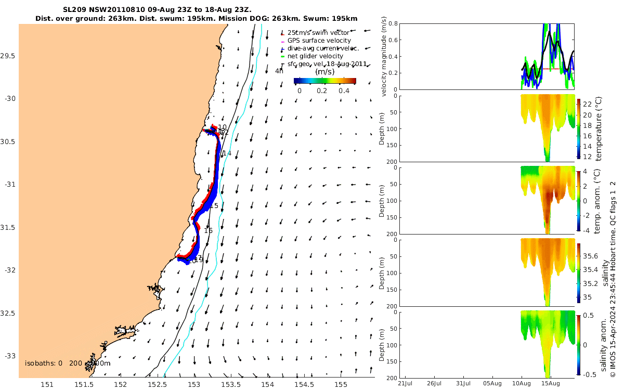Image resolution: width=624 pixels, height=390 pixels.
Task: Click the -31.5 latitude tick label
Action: [x=9, y=228]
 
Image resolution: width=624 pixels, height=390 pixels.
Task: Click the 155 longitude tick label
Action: [x=341, y=384]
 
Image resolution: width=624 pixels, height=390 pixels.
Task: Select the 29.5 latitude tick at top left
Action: [x=10, y=56]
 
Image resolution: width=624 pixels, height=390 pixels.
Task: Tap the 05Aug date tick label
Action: [x=492, y=384]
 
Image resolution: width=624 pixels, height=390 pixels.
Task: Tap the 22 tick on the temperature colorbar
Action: [x=589, y=105]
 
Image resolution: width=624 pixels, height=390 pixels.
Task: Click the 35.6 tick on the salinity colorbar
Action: [x=592, y=256]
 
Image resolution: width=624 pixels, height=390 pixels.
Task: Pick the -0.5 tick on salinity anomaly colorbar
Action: [x=591, y=374]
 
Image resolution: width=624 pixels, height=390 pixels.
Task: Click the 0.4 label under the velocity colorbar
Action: [x=344, y=90]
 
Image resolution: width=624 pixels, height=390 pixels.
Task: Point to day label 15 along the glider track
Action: [x=214, y=206]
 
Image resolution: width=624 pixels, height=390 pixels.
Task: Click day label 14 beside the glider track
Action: [x=227, y=153]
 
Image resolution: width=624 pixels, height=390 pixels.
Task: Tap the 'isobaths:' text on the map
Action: [x=40, y=363]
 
